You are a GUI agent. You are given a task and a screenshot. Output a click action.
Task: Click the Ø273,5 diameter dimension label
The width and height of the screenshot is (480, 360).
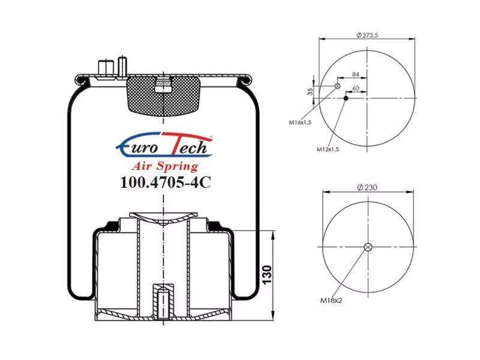pyautogui.click(x=367, y=35)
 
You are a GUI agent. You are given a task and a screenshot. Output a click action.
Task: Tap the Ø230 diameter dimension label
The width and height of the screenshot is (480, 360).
pyautogui.click(x=367, y=187)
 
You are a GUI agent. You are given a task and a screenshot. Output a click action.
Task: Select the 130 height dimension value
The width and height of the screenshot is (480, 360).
pyautogui.click(x=267, y=275)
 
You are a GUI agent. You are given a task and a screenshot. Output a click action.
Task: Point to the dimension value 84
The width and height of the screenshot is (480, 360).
pyautogui.click(x=355, y=74)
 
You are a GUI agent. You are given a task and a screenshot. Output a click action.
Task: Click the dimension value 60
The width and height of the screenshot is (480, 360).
pyautogui.click(x=355, y=88)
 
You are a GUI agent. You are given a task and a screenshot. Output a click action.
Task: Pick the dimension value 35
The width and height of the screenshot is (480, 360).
pyautogui.click(x=310, y=91)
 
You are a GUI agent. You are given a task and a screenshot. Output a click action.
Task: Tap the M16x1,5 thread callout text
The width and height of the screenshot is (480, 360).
pyautogui.click(x=300, y=122)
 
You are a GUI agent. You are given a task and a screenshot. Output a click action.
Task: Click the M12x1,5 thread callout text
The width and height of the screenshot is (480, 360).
pyautogui.click(x=328, y=149)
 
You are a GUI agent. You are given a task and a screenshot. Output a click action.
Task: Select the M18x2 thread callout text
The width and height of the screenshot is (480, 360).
pyautogui.click(x=331, y=301)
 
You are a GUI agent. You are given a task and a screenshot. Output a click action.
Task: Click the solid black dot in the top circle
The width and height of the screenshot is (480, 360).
pyautogui.click(x=346, y=98)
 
